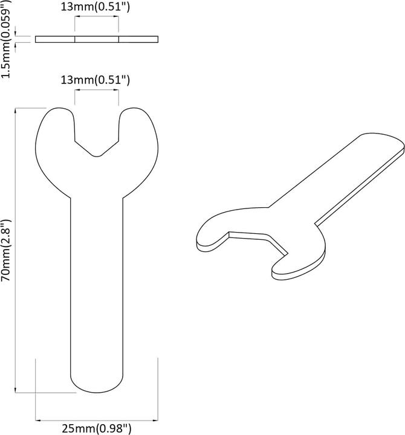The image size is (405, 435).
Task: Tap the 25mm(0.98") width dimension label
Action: click(x=97, y=429)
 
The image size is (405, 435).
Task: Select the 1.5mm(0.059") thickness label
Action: click(x=7, y=39)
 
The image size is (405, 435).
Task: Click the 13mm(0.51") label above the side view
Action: click(x=97, y=8)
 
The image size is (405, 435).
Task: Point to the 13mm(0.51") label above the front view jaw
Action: click(x=97, y=80)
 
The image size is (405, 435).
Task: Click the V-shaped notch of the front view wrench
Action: click(x=97, y=151)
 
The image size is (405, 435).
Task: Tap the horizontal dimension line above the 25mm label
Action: click(x=97, y=419)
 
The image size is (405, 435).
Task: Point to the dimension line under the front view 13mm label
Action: click(x=97, y=90)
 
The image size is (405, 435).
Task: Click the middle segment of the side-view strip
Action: click(x=97, y=40)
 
